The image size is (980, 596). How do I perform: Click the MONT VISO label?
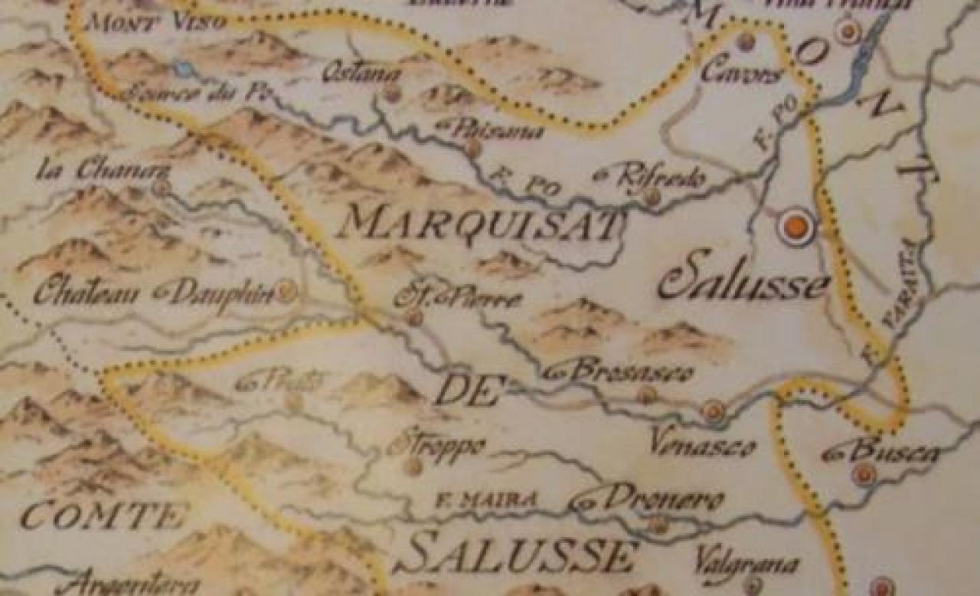point(155,21)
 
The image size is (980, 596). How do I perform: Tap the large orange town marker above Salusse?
point(796,227)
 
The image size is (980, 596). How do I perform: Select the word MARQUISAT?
point(479,224)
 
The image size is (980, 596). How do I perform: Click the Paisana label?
point(494,129)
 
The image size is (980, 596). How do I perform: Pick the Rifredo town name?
point(655,177)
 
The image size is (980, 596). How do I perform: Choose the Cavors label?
point(742,74)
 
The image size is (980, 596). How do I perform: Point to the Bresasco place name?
point(624,372)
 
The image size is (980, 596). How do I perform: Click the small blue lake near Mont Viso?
point(183,69)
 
